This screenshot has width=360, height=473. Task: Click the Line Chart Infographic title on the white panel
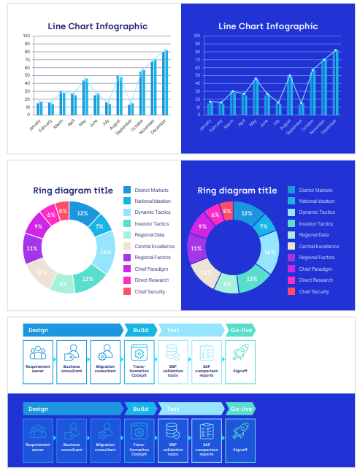click(x=97, y=26)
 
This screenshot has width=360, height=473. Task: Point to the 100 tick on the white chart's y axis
click(x=26, y=35)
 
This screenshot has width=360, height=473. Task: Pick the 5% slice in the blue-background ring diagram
click(x=227, y=211)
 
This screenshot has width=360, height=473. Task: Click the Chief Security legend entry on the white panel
click(x=149, y=291)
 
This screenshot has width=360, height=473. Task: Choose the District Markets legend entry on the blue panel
click(x=315, y=190)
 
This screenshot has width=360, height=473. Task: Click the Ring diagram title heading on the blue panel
click(x=237, y=191)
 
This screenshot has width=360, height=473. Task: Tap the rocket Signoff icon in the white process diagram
click(x=240, y=353)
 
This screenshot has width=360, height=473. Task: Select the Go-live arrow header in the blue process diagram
click(x=240, y=409)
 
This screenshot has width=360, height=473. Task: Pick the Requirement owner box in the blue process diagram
click(x=38, y=440)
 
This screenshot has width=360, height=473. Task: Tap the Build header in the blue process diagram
click(x=141, y=409)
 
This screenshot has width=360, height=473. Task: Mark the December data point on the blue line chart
click(x=336, y=50)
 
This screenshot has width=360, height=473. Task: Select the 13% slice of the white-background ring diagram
click(x=88, y=279)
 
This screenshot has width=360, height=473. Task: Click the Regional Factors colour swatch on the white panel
click(x=127, y=258)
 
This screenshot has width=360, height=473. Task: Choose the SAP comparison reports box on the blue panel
click(x=207, y=440)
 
